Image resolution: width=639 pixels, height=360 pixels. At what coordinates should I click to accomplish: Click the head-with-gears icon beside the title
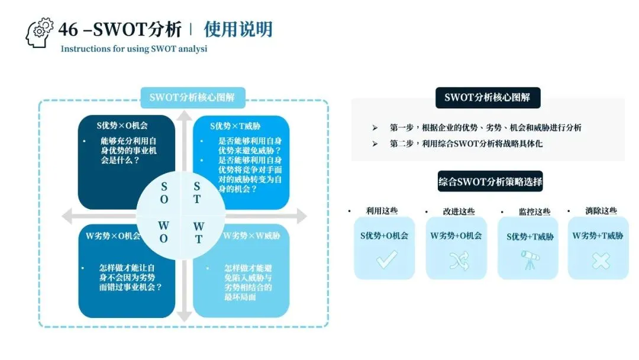click(x=39, y=33)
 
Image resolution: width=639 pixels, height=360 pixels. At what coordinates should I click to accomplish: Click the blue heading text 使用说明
click(x=238, y=29)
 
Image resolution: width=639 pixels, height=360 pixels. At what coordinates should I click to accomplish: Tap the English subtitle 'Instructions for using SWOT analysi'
click(x=134, y=49)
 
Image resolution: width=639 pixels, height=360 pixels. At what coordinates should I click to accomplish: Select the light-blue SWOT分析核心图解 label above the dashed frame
click(x=192, y=98)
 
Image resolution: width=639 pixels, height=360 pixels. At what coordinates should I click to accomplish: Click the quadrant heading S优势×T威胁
click(x=235, y=126)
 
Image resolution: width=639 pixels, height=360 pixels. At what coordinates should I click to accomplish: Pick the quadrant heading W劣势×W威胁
click(x=251, y=236)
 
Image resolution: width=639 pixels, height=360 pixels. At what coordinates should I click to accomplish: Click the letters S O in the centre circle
click(x=164, y=193)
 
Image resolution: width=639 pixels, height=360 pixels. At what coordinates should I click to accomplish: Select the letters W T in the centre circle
click(x=198, y=233)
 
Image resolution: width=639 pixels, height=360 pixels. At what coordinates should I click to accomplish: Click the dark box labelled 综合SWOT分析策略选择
click(x=490, y=182)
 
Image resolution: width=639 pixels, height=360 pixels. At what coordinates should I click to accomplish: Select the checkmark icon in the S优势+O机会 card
click(x=386, y=259)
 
